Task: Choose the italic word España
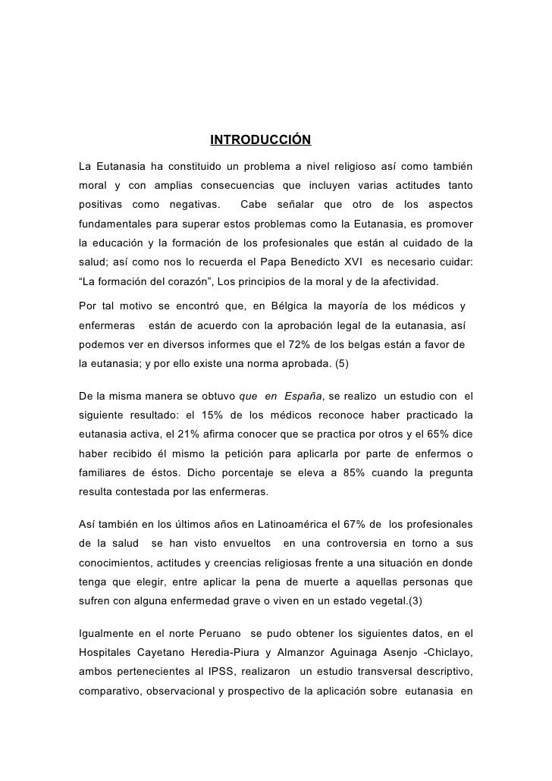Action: [303, 396]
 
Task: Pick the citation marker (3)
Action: [419, 604]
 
